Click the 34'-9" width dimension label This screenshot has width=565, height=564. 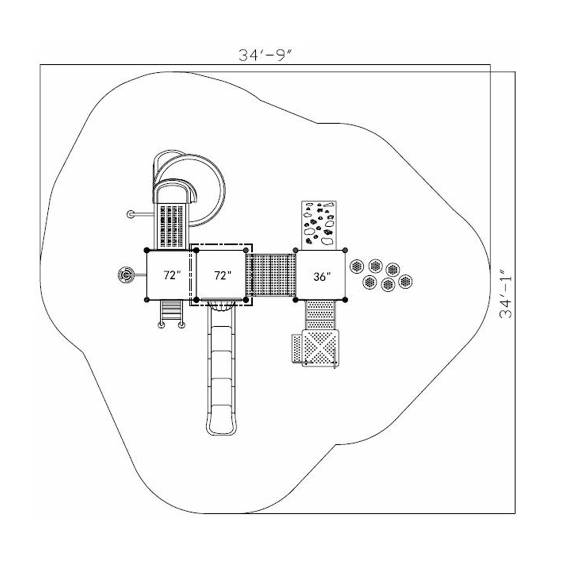pos(266,55)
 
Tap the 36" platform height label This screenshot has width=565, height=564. pos(322,276)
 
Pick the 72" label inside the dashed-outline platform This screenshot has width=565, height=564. pos(223,275)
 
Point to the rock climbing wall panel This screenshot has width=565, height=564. pos(319,225)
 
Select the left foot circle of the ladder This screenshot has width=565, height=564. pos(161,326)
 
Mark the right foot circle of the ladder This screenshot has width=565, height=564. pos(181,326)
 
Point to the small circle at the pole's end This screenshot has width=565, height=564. pos(131,215)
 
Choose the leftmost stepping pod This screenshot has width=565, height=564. pos(357,266)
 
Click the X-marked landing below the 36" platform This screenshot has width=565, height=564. pos(320,347)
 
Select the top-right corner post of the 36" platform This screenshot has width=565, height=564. pos(345,250)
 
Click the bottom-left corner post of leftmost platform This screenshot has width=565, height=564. pos(147,300)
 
